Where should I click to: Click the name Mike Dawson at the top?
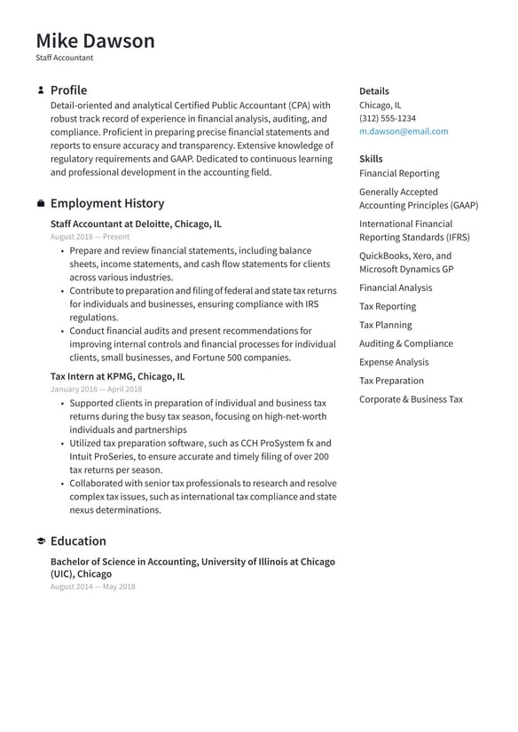95,41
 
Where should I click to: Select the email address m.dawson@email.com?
404,131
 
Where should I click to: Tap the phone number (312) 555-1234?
387,118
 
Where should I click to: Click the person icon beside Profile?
41,91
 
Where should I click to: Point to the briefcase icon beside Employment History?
41,204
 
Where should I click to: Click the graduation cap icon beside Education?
41,541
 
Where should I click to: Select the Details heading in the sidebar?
373,91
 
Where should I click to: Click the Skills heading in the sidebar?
371,159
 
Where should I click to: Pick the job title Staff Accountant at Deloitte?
136,224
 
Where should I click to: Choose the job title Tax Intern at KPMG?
117,376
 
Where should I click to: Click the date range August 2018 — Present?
90,237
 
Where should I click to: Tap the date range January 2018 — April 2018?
96,390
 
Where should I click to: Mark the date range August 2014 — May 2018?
92,586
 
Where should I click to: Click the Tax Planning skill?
385,325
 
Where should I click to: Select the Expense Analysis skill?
394,362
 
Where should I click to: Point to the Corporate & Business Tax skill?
411,399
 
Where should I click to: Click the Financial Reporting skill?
398,174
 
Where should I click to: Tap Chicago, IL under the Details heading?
380,105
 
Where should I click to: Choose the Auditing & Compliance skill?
405,343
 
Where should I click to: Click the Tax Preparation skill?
391,381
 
